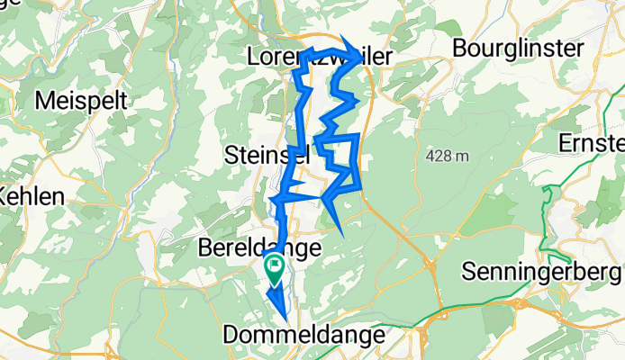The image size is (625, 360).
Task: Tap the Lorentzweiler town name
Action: (320, 57)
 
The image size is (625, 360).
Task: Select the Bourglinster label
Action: (519, 48)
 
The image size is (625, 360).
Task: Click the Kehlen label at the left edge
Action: (32, 196)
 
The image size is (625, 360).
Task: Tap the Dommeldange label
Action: (306, 334)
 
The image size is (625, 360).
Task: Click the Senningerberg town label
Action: (540, 269)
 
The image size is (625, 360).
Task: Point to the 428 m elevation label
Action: (448, 157)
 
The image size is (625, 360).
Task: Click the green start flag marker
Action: (274, 266)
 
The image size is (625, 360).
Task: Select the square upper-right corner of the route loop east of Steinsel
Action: (358, 135)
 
